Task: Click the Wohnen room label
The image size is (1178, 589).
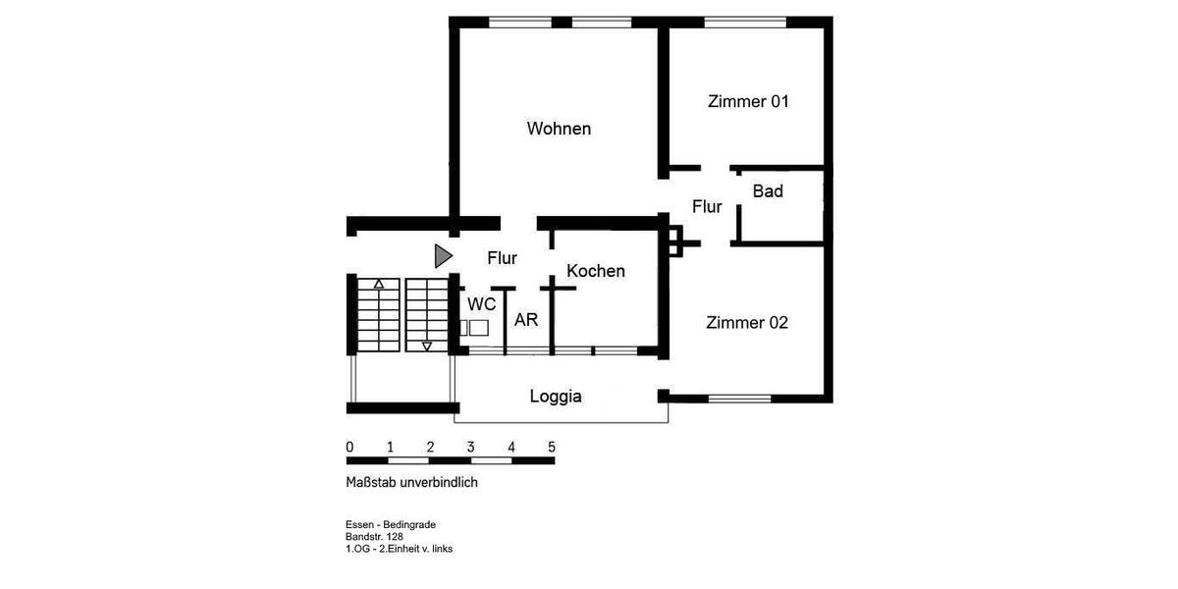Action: click(x=559, y=129)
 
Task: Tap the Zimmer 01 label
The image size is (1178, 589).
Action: click(x=748, y=101)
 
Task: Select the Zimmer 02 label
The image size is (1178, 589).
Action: click(x=747, y=322)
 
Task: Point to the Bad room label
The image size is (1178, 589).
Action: click(x=768, y=191)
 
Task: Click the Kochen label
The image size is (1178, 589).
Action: click(x=596, y=271)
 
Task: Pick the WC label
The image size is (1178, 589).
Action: click(x=481, y=303)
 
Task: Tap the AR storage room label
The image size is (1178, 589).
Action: click(x=526, y=320)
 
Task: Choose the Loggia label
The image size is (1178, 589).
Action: click(x=556, y=397)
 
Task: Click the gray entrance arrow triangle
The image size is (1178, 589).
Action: click(x=443, y=256)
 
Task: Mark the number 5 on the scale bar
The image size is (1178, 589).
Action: click(x=551, y=447)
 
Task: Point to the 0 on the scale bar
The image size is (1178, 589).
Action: click(x=349, y=447)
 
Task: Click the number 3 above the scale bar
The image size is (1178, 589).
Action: click(x=470, y=447)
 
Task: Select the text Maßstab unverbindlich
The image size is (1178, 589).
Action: click(x=411, y=482)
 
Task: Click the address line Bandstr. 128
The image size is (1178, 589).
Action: click(x=374, y=537)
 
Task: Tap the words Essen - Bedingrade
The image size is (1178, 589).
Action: click(x=390, y=525)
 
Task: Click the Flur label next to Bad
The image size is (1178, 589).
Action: click(x=707, y=207)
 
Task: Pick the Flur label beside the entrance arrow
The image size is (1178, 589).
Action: click(x=503, y=258)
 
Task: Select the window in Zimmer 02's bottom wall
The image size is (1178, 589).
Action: click(x=739, y=398)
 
